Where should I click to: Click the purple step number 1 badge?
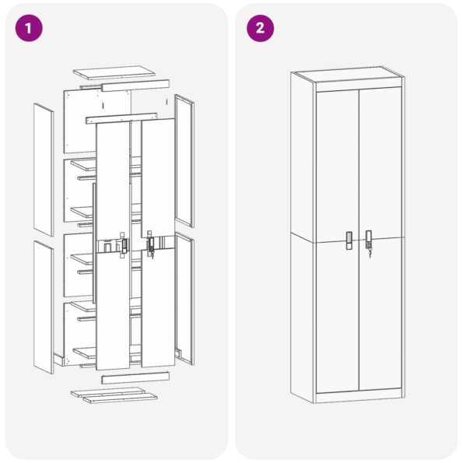point(29,29)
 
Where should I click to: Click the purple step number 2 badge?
point(260,29)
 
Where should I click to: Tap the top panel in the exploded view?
point(114,72)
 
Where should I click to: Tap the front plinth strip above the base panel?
point(135,377)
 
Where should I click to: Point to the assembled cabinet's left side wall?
point(303,233)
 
